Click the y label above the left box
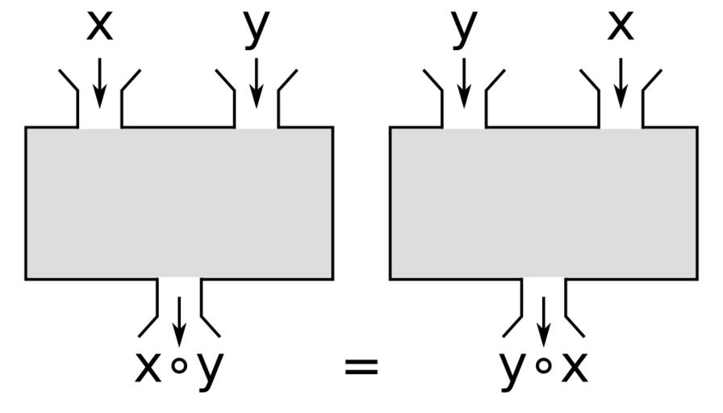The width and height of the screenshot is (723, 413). [256, 28]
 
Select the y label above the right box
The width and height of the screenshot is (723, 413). [464, 28]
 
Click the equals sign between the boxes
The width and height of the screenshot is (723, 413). [361, 368]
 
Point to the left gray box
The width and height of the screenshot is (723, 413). [179, 203]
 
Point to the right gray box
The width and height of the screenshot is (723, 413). [544, 203]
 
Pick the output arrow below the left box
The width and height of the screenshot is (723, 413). [179, 319]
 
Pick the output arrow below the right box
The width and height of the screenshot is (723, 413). [544, 319]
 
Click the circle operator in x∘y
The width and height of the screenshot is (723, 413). [180, 366]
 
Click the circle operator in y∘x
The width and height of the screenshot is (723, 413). [544, 366]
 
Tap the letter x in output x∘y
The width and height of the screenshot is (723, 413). [148, 367]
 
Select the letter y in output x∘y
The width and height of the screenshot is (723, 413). [210, 369]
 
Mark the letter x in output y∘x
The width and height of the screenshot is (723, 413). [575, 367]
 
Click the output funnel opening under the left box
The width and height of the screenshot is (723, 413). [179, 290]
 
